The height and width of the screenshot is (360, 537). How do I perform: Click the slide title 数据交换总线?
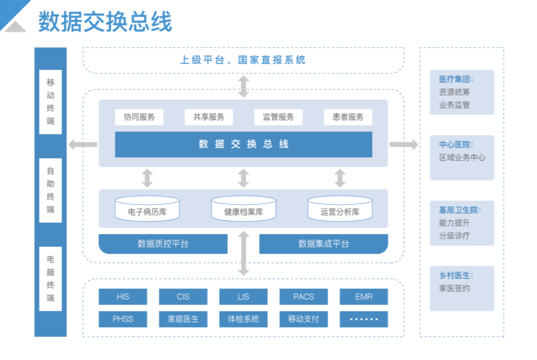(x=105, y=22)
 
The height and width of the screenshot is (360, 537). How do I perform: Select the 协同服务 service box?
(x=139, y=117)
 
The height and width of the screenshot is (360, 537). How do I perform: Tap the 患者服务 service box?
(x=348, y=117)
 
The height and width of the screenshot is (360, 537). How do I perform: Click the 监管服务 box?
(x=278, y=117)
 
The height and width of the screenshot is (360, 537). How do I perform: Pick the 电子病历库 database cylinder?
(x=147, y=209)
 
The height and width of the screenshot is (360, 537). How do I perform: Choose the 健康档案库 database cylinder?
(x=244, y=209)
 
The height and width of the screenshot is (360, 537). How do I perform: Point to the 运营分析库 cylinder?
(x=340, y=209)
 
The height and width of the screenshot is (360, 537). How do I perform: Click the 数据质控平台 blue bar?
(x=163, y=244)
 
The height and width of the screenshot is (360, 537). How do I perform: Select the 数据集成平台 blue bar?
(x=323, y=244)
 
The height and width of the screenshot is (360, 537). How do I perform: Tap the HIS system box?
(x=123, y=296)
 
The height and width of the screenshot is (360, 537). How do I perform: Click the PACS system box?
(x=303, y=296)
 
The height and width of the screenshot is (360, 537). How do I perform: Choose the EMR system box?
(x=364, y=296)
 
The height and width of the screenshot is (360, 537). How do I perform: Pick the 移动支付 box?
(x=303, y=319)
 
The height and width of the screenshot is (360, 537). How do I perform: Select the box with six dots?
(x=364, y=319)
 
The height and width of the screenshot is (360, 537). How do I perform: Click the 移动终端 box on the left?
(x=50, y=102)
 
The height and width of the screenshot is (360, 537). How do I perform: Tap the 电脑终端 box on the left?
(x=50, y=278)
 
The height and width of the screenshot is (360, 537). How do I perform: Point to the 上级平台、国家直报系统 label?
(x=243, y=60)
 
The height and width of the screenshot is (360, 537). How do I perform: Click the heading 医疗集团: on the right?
(x=455, y=79)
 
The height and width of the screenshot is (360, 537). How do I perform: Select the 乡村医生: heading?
(x=455, y=275)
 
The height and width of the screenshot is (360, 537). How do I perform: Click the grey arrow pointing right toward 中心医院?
(x=404, y=144)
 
